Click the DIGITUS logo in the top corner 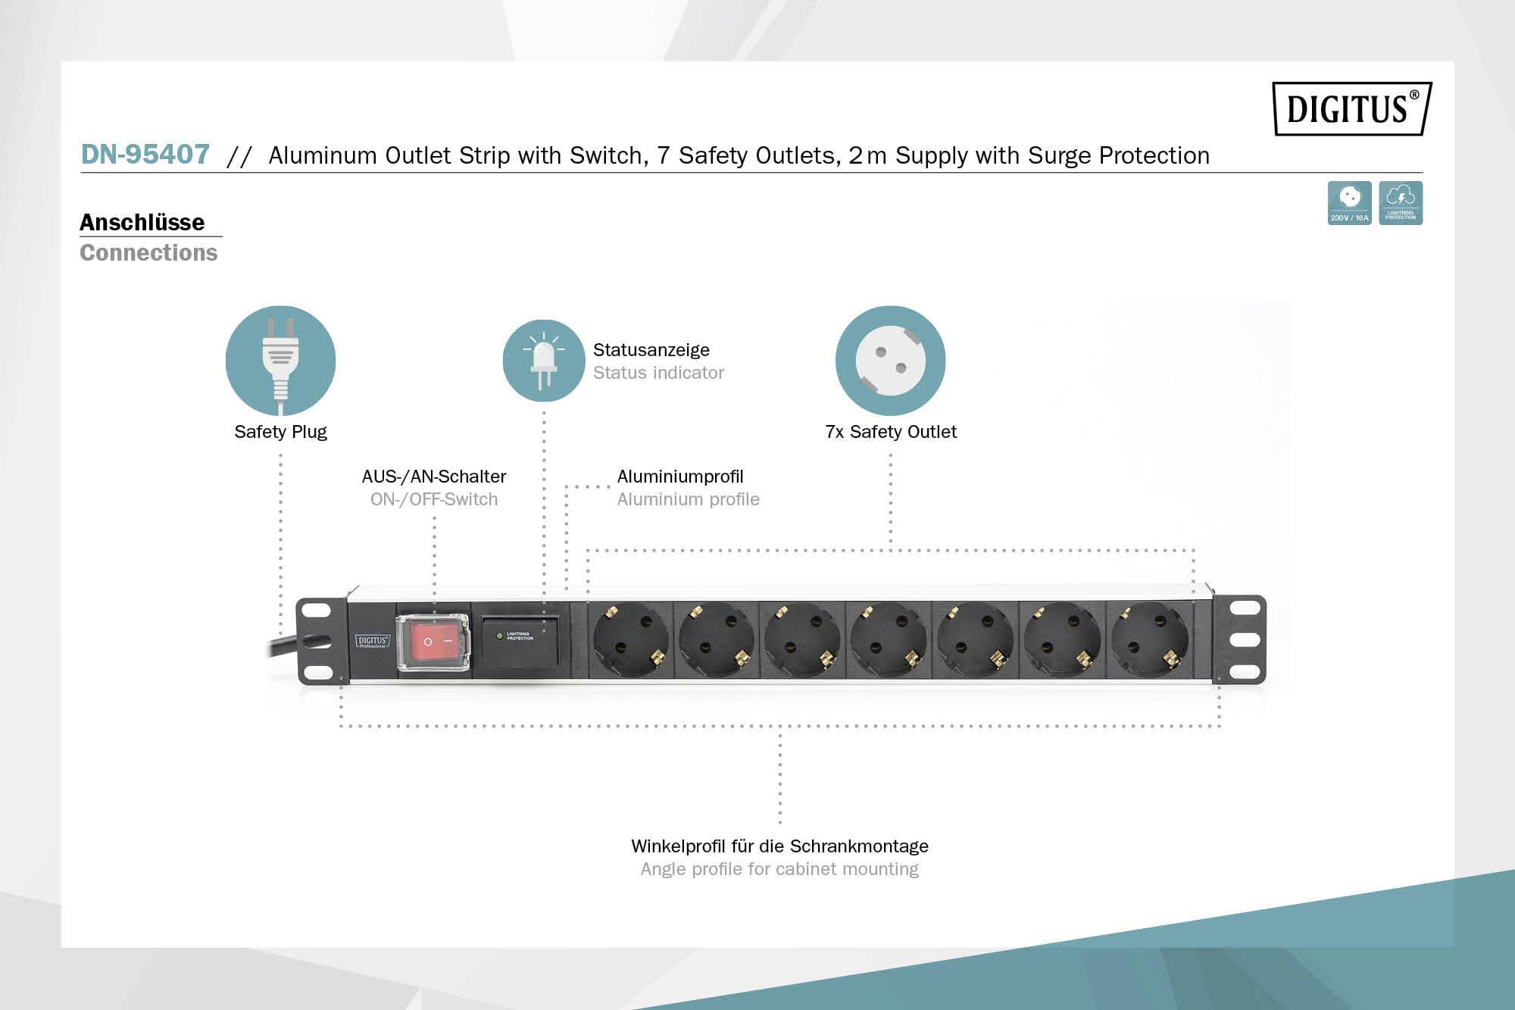click(x=1351, y=108)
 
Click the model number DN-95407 click(x=145, y=155)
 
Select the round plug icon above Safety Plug click(x=280, y=361)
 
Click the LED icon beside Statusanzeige click(x=543, y=361)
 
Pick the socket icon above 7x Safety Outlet click(x=890, y=361)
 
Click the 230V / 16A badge click(x=1349, y=202)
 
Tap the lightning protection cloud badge click(x=1401, y=202)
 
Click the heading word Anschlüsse click(x=142, y=222)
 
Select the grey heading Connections click(x=148, y=252)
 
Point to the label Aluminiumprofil click(x=680, y=477)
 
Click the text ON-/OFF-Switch click(x=434, y=499)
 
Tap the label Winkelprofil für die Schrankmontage click(x=779, y=846)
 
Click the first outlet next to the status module click(x=631, y=640)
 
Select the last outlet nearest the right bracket click(x=1149, y=640)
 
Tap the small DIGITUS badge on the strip click(x=373, y=642)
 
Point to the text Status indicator click(x=658, y=373)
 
